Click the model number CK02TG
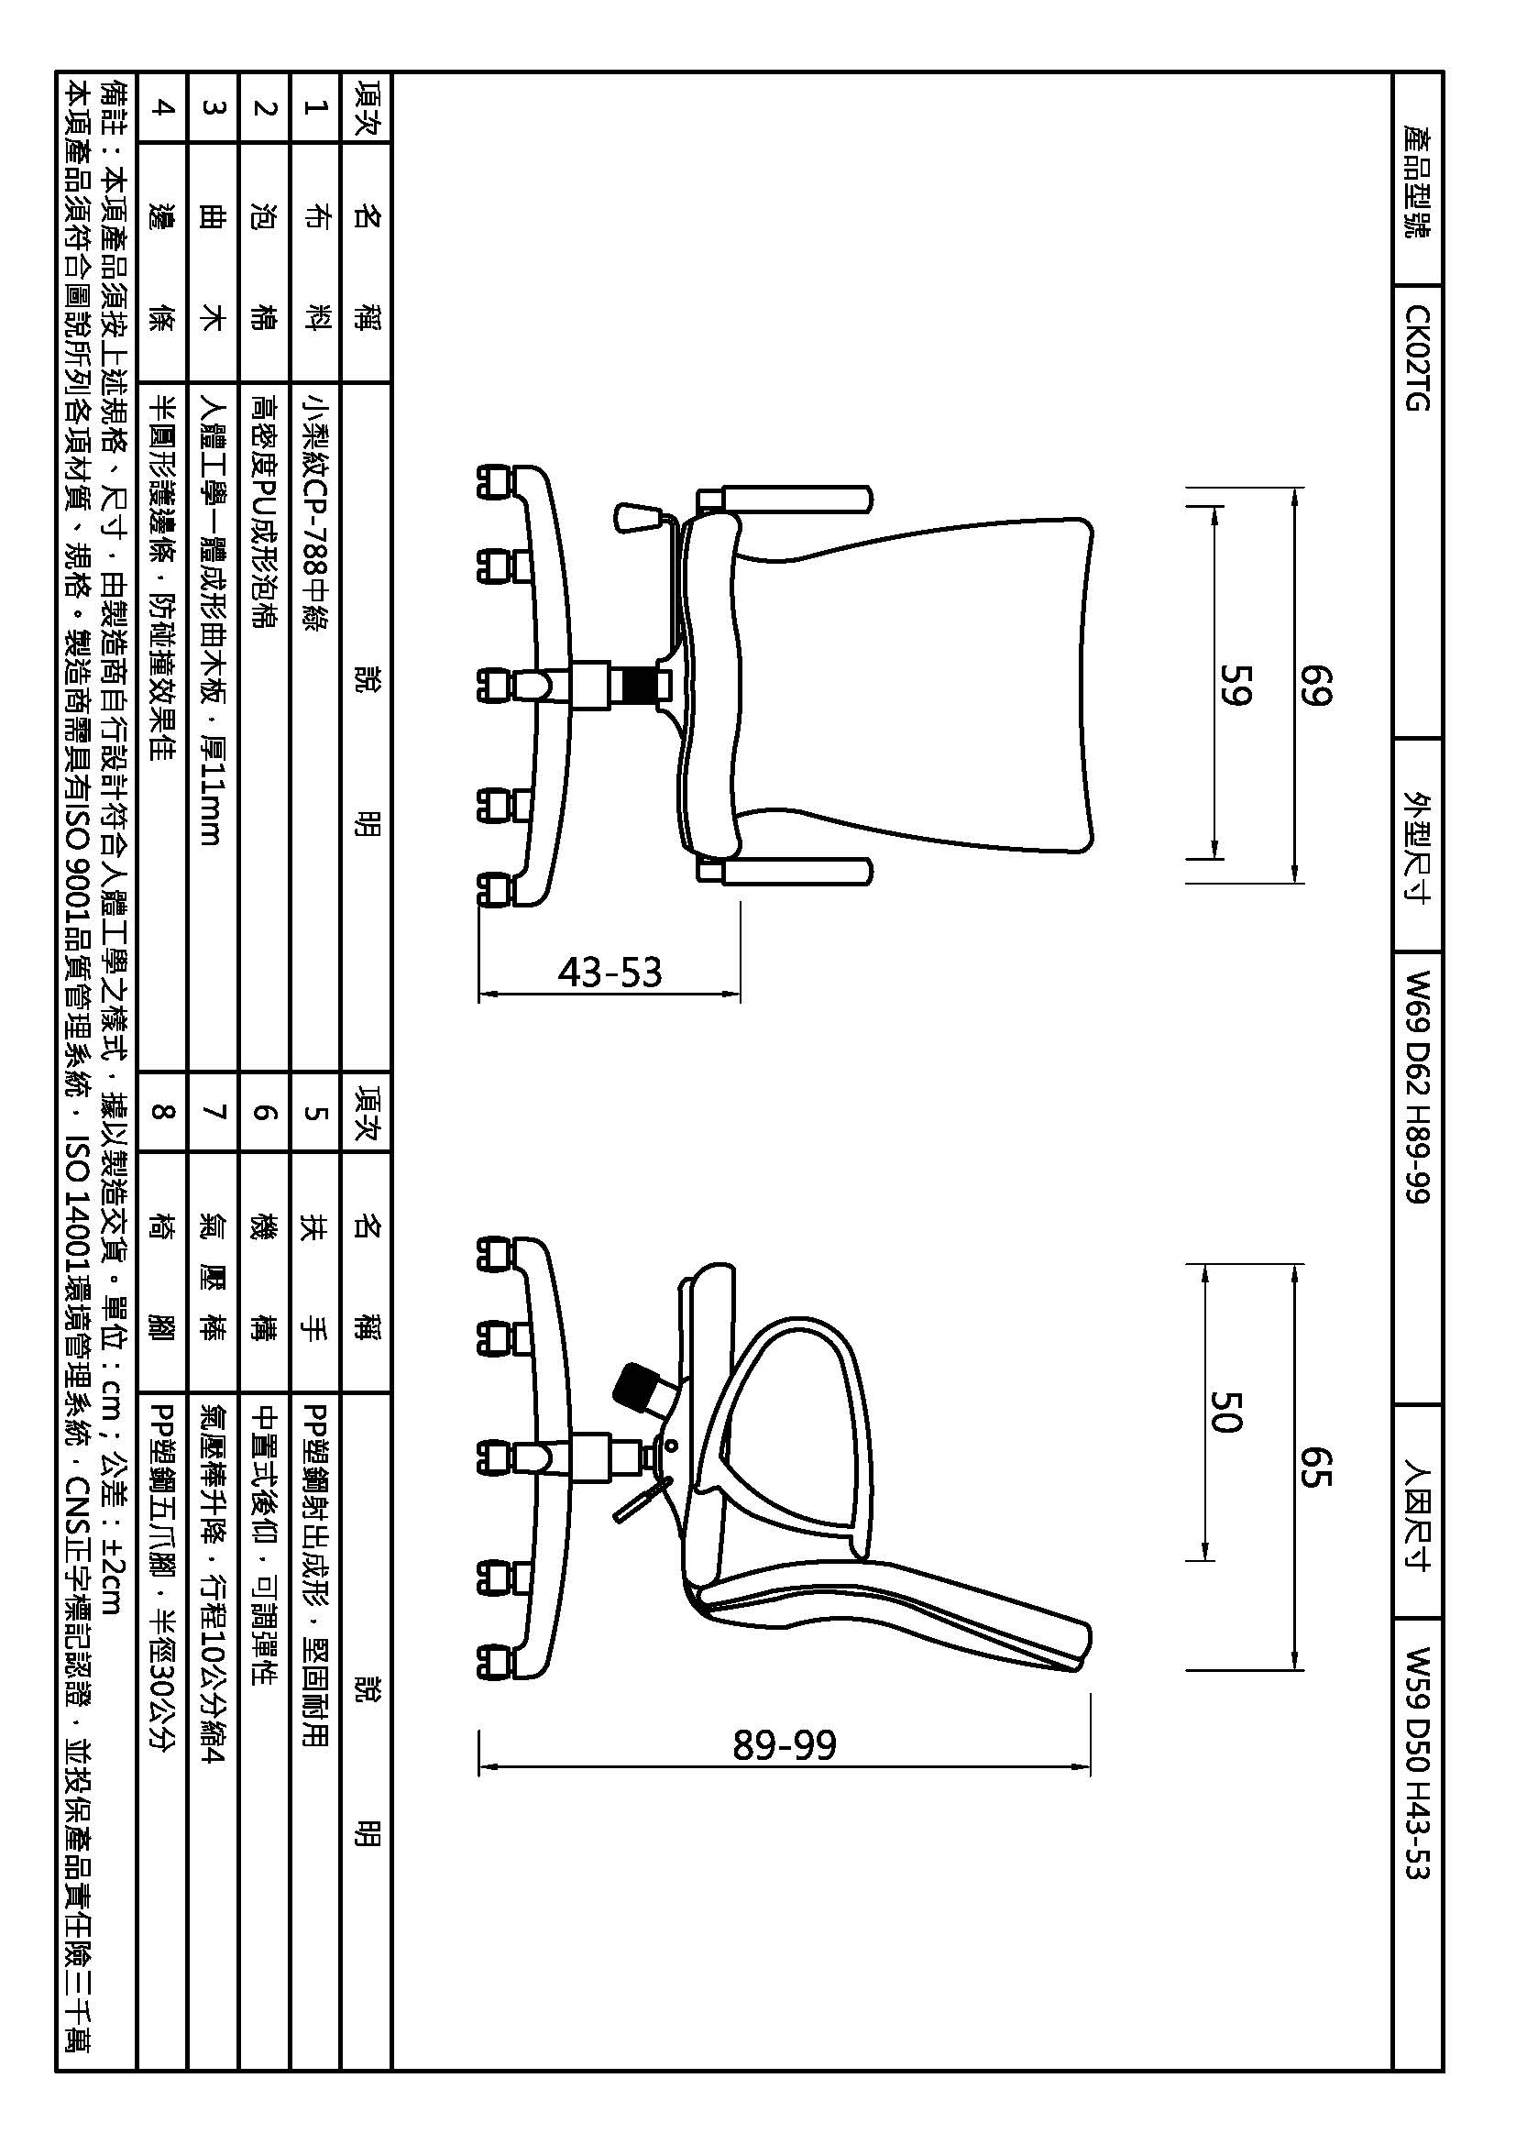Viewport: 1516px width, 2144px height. click(1416, 357)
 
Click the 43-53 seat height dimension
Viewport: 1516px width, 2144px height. click(610, 972)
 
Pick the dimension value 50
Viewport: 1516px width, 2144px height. click(1225, 1411)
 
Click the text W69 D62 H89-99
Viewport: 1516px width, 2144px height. click(1416, 1087)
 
